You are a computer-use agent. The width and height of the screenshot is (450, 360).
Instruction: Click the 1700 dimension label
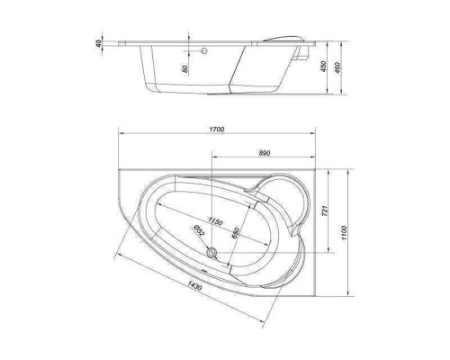click(x=217, y=130)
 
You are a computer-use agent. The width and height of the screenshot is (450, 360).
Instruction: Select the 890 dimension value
click(x=264, y=153)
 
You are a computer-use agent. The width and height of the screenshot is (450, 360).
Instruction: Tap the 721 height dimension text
click(x=325, y=211)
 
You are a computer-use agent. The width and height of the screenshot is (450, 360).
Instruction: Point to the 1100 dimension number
click(x=344, y=232)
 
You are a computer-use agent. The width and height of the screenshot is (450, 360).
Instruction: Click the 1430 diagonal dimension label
click(x=194, y=285)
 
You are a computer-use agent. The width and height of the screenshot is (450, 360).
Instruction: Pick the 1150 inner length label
click(x=216, y=221)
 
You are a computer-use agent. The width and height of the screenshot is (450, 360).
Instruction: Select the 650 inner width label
click(x=236, y=233)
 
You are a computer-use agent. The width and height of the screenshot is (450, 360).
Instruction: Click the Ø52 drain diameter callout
click(x=199, y=230)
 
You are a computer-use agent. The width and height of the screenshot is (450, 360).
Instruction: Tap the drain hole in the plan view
click(x=212, y=253)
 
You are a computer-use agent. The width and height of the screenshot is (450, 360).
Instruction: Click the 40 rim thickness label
click(x=98, y=43)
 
